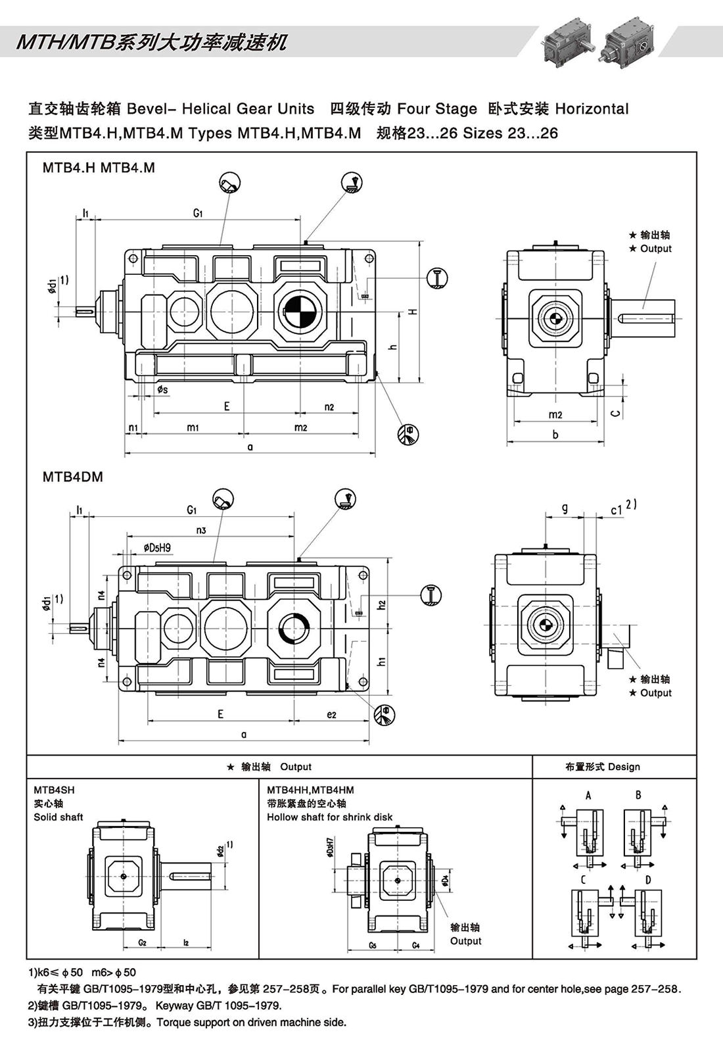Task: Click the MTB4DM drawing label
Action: pos(73,477)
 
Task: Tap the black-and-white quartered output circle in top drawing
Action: pos(300,311)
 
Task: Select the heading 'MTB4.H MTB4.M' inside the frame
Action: pos(99,168)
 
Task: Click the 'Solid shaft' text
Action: pos(58,817)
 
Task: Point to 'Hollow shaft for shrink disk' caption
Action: pos(329,817)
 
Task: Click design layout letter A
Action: pos(588,795)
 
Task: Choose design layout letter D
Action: pos(648,880)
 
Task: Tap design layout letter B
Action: pos(638,795)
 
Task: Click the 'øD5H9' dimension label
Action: pos(157,548)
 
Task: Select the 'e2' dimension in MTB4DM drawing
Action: pos(331,715)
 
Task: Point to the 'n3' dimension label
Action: pos(201,530)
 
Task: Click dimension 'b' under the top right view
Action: pos(555,435)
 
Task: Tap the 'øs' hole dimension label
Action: pos(162,390)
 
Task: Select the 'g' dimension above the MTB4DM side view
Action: pos(565,508)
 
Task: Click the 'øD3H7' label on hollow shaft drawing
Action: pos(329,848)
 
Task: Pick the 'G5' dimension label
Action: pos(373,946)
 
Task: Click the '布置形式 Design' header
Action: pos(602,767)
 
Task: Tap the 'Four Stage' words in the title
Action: pos(437,109)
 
